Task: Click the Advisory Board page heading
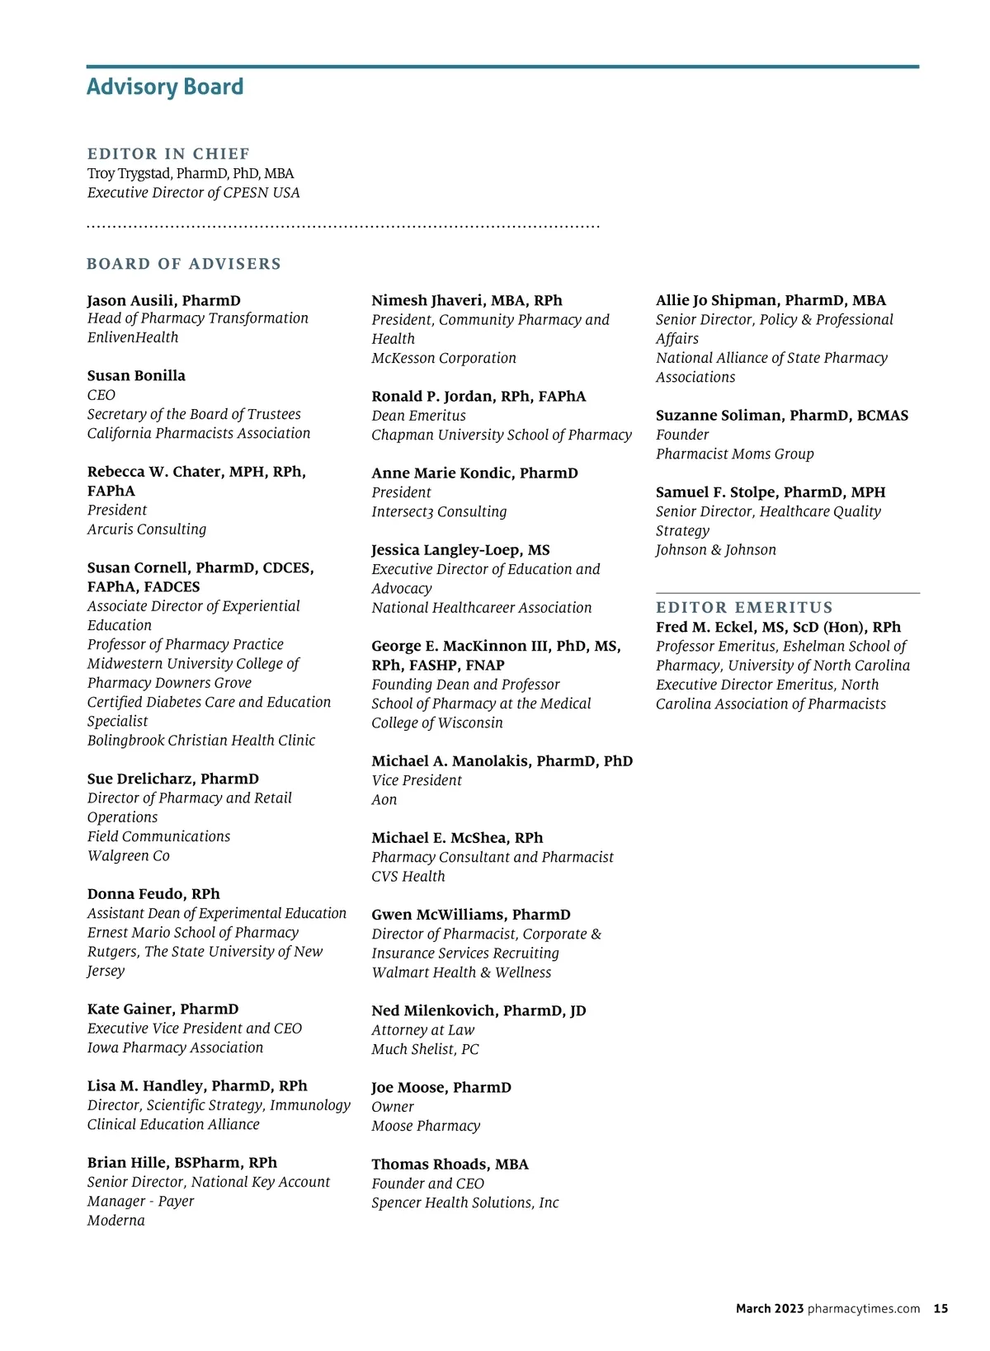coord(165,87)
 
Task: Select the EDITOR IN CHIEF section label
coord(168,154)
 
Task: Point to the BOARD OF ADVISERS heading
coord(184,264)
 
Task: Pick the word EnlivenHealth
coord(133,337)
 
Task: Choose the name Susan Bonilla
coord(136,375)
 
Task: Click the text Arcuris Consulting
coord(147,530)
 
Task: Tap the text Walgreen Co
coord(129,855)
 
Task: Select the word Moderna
coord(116,1221)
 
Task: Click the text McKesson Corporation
coord(444,358)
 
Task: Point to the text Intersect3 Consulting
coord(439,511)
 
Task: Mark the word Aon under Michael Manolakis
coord(384,799)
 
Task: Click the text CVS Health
coord(408,876)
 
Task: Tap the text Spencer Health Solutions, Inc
coord(465,1203)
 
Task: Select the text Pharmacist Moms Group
coord(735,454)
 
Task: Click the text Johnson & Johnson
coord(716,549)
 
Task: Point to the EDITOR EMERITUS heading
coord(744,608)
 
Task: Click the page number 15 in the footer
coord(940,1309)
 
